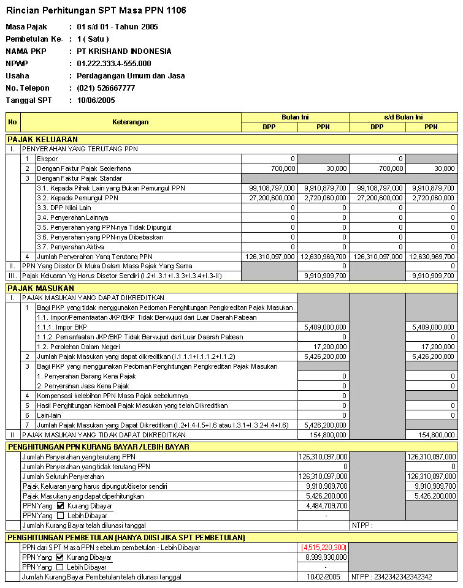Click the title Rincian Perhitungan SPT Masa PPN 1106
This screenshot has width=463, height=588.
click(x=96, y=10)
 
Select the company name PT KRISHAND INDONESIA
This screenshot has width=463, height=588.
click(x=124, y=51)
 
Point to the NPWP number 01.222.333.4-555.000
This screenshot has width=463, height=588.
click(x=114, y=64)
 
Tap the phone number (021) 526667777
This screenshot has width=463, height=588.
click(x=106, y=88)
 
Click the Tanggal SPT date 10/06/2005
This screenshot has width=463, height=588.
click(x=96, y=100)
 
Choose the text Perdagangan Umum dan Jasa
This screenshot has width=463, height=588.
click(x=131, y=76)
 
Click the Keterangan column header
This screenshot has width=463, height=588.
click(x=130, y=122)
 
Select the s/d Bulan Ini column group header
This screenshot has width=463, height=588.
click(x=404, y=117)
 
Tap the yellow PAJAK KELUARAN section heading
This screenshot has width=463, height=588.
click(x=43, y=139)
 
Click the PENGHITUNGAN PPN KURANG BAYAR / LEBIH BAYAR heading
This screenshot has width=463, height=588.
click(x=98, y=447)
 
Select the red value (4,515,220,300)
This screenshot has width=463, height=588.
click(x=323, y=547)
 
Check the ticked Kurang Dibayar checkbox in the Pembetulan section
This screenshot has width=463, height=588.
click(x=60, y=557)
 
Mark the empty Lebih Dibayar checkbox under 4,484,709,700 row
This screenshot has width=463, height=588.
click(x=60, y=516)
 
